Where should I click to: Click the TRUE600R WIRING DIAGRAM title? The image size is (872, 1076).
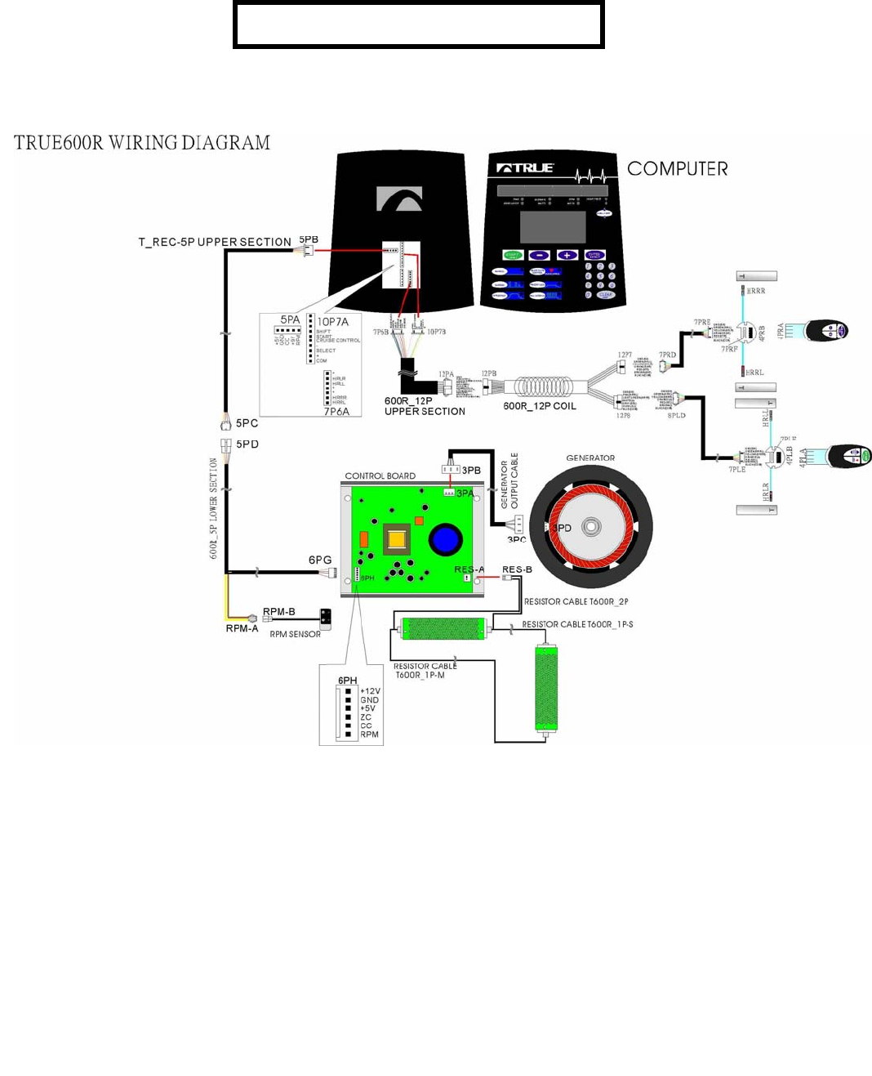[142, 143]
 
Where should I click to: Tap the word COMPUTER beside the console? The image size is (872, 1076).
[677, 169]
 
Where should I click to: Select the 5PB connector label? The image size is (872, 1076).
[309, 240]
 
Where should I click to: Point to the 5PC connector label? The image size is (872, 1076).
[247, 423]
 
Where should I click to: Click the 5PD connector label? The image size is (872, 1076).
[247, 444]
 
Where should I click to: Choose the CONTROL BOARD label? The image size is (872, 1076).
[380, 475]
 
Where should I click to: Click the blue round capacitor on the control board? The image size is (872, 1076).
[445, 539]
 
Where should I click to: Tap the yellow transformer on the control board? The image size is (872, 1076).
[397, 539]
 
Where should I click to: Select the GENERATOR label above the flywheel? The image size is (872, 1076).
[590, 458]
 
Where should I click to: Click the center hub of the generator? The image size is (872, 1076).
[591, 527]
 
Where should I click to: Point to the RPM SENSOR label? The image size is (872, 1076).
[295, 634]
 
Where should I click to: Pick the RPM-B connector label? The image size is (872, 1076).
[279, 612]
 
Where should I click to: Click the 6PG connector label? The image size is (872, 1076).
[320, 560]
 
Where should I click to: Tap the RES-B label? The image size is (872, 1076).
[517, 569]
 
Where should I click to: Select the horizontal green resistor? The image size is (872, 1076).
[444, 628]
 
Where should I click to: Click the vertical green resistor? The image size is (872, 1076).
[545, 688]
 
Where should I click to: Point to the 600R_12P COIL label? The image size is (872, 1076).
[540, 406]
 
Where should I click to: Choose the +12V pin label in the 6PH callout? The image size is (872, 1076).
[370, 691]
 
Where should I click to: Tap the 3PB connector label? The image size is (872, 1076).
[471, 471]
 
